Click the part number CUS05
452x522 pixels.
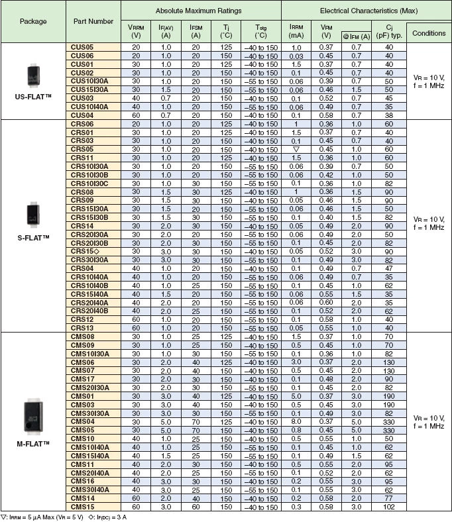pos(82,48)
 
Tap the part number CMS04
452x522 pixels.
pos(83,421)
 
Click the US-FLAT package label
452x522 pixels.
pos(32,97)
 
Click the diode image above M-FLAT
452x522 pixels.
pos(33,413)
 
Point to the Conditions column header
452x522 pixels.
pos(428,33)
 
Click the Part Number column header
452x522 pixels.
pos(93,21)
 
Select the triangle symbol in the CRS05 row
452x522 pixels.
pos(296,150)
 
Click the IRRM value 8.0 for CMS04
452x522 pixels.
pos(296,421)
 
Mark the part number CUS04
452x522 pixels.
pos(82,115)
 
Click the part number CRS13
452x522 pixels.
pos(82,328)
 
